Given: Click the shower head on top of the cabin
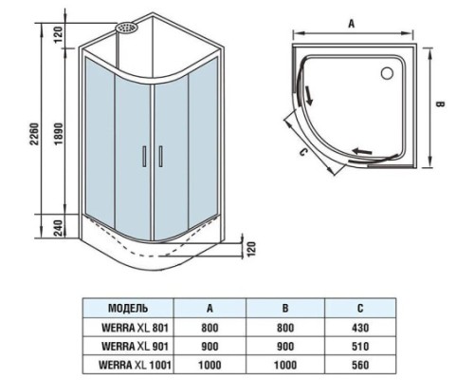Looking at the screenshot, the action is pyautogui.click(x=126, y=28).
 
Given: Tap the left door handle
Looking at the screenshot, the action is pyautogui.click(x=144, y=156).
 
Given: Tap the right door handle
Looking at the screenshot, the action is pyautogui.click(x=160, y=156).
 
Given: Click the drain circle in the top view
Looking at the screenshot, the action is pyautogui.click(x=387, y=73).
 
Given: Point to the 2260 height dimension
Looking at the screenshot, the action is pyautogui.click(x=34, y=134).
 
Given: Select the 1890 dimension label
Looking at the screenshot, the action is pyautogui.click(x=59, y=134).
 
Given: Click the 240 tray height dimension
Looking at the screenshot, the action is pyautogui.click(x=59, y=227).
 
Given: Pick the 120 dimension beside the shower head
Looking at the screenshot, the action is pyautogui.click(x=59, y=35).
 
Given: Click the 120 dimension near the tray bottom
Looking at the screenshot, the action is pyautogui.click(x=250, y=250).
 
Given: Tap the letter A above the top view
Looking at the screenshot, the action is pyautogui.click(x=352, y=24).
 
